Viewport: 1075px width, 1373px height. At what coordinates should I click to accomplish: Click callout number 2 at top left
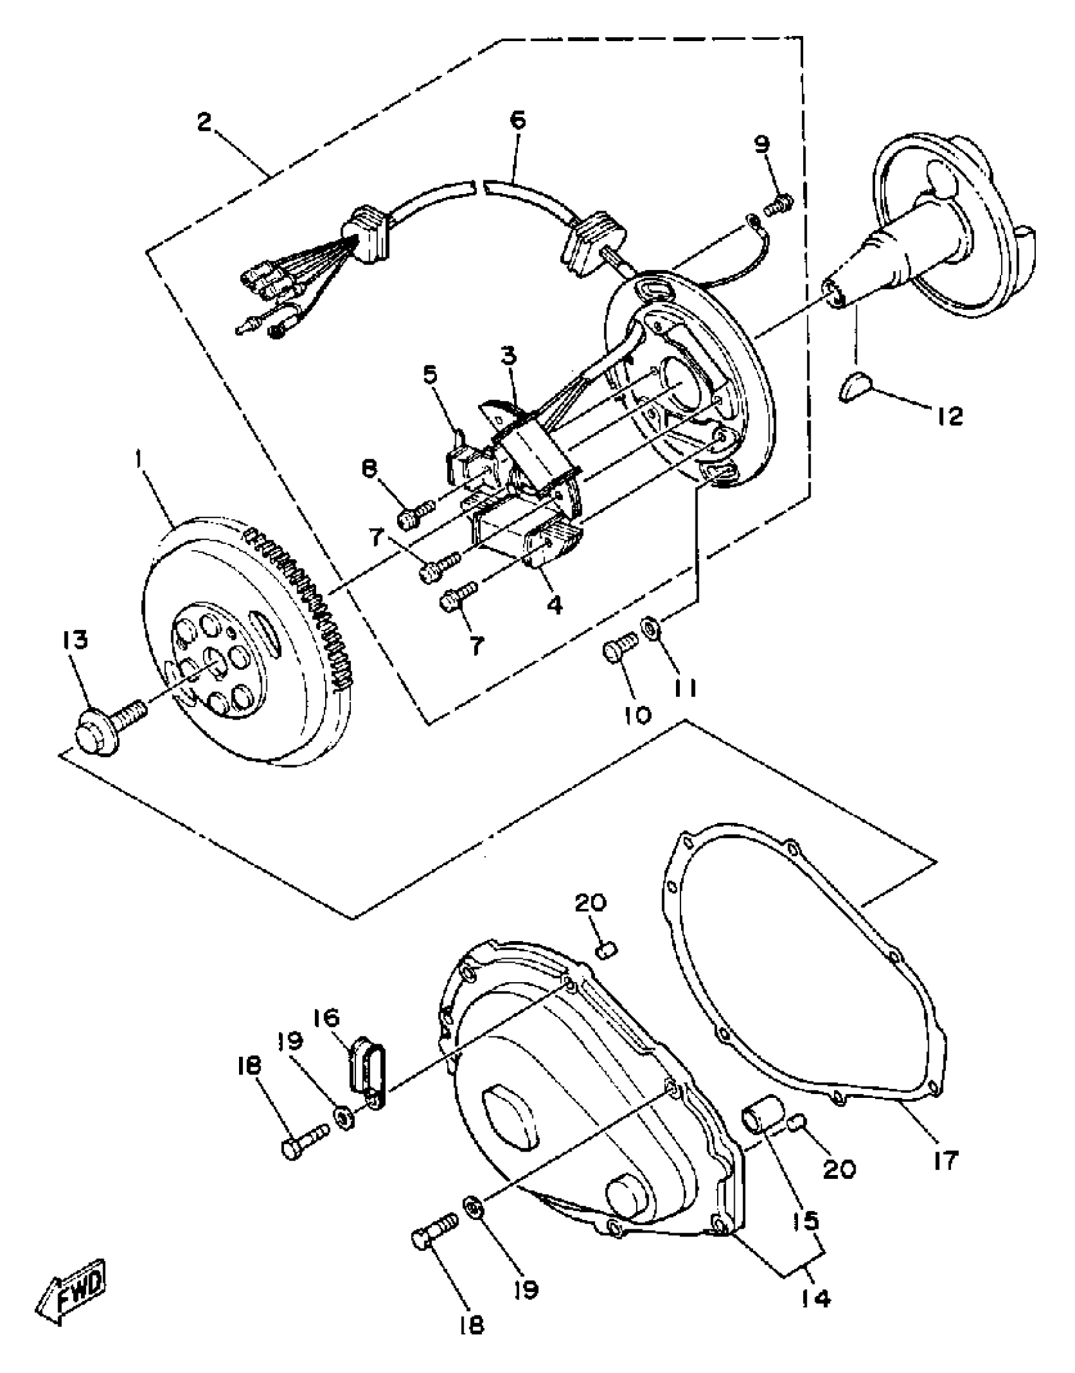(x=204, y=122)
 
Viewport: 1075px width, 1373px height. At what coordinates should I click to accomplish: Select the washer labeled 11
(x=648, y=627)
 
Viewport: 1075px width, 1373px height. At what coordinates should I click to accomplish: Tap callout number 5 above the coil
(x=429, y=376)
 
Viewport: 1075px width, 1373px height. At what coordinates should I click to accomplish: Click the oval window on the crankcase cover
(x=511, y=1118)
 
